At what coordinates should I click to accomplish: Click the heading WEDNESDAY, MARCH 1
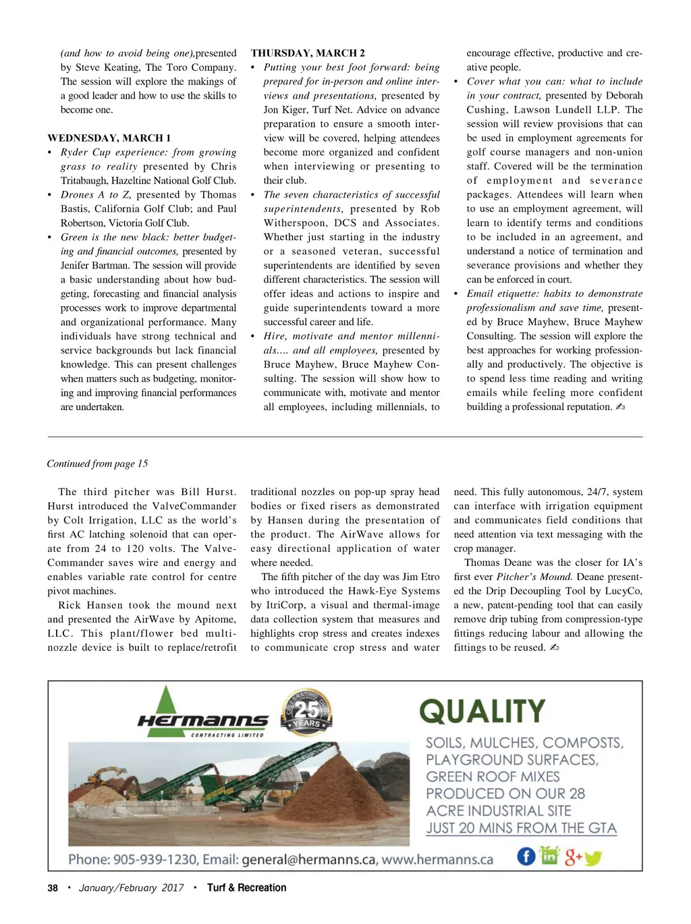pos(109,138)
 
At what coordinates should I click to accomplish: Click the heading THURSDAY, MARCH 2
pos(308,53)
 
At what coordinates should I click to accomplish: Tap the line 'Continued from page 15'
pos(97,463)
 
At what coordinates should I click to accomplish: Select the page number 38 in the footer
pos(53,888)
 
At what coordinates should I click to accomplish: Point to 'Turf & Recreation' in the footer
pos(246,888)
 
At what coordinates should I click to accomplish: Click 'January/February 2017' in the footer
pos(131,888)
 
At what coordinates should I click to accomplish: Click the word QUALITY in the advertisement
pos(482,712)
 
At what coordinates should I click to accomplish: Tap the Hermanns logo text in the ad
pos(202,722)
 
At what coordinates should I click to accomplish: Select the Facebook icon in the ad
pos(526,857)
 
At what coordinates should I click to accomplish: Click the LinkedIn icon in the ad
pos(550,856)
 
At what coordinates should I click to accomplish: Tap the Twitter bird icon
pos(593,859)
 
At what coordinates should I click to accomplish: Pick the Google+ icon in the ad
pos(573,857)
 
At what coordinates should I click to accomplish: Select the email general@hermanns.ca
pos(309,860)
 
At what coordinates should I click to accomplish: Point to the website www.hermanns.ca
pos(437,860)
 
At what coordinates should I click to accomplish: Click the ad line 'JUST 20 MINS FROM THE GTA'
pos(521,828)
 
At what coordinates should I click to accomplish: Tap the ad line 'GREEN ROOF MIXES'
pos(493,777)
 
